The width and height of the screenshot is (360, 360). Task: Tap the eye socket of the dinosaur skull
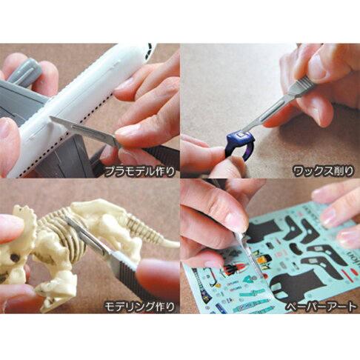[x=15, y=260]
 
